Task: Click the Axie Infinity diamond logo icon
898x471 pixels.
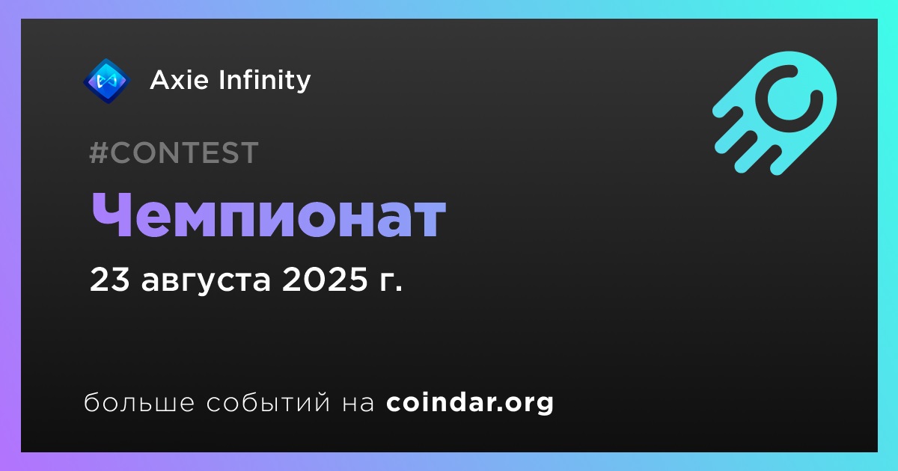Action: [x=106, y=81]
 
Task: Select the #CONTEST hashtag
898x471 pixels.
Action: [x=174, y=153]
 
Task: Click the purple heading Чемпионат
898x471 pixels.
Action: [x=268, y=215]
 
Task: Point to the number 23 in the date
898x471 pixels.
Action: [x=109, y=280]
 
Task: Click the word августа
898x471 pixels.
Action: [x=206, y=282]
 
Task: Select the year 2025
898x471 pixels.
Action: [x=325, y=280]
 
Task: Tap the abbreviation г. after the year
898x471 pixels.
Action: [x=390, y=282]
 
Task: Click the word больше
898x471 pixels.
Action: [x=139, y=402]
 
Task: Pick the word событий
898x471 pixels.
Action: [x=268, y=402]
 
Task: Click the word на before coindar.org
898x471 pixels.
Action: [x=358, y=403]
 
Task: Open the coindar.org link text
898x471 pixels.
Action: [x=470, y=402]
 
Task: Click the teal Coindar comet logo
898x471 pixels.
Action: [x=775, y=113]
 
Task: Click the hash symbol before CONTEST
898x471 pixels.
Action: [x=99, y=153]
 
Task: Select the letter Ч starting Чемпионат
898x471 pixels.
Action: [x=111, y=215]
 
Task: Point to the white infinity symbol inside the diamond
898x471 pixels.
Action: [x=107, y=81]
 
